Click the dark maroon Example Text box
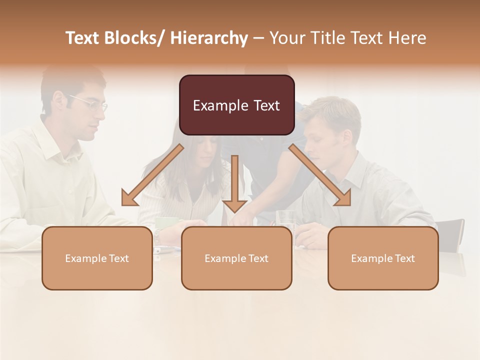click(236, 105)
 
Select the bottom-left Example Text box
click(97, 258)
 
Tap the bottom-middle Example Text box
click(236, 258)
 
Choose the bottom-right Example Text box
click(383, 258)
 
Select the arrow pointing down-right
click(320, 175)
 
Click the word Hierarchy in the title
click(208, 38)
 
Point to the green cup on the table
click(168, 222)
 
